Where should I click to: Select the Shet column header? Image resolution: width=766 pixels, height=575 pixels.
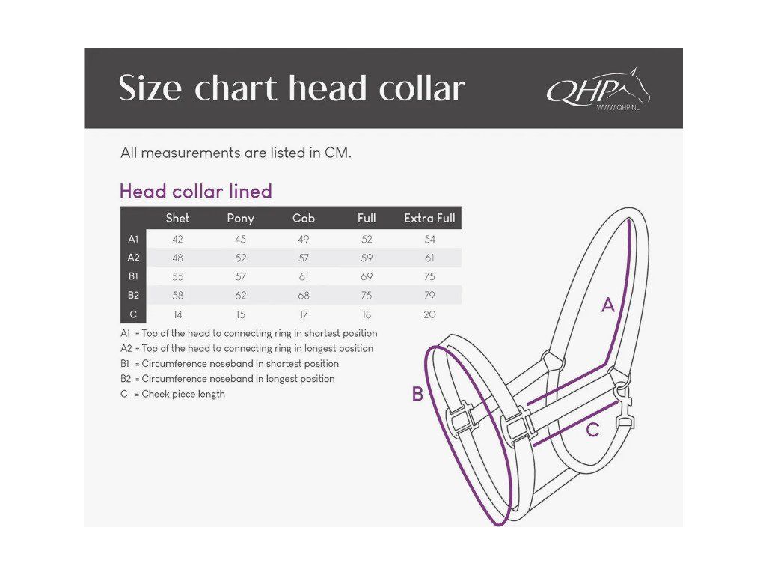(x=177, y=218)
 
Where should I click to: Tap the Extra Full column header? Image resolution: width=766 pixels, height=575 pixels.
(x=429, y=218)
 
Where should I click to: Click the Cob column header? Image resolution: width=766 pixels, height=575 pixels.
(x=304, y=218)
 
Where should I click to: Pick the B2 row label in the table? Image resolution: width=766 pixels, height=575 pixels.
(x=133, y=295)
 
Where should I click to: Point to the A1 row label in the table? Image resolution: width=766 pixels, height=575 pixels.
(x=133, y=239)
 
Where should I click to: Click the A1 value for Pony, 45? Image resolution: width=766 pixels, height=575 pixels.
(x=240, y=240)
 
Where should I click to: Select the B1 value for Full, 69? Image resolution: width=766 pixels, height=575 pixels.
(x=367, y=276)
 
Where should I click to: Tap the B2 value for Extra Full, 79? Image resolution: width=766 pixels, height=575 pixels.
(x=429, y=295)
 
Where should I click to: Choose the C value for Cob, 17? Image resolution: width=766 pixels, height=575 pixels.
(x=304, y=314)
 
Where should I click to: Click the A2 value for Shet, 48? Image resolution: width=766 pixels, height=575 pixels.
(x=177, y=258)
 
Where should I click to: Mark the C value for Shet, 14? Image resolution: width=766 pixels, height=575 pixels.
(x=177, y=314)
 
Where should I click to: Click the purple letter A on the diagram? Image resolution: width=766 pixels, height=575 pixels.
(x=608, y=305)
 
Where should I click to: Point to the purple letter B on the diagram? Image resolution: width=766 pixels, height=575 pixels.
(x=418, y=395)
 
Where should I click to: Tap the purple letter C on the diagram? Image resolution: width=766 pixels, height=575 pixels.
(x=592, y=431)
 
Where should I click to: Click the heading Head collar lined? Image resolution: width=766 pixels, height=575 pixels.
(x=196, y=192)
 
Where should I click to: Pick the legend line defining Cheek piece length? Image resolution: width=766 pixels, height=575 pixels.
(x=173, y=394)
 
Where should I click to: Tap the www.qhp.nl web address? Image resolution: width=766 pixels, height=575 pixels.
(x=617, y=107)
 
